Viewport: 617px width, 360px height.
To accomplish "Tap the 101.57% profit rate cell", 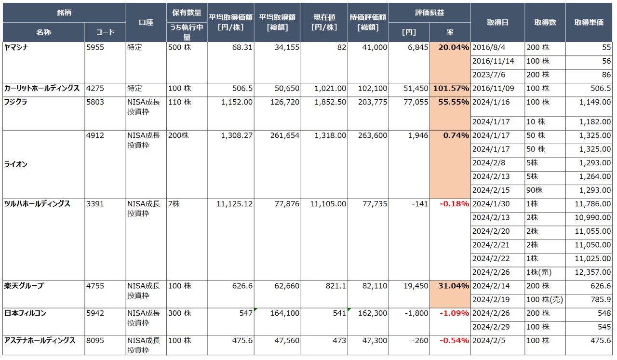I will coord(451,89).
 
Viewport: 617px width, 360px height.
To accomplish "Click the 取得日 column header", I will coord(497,22).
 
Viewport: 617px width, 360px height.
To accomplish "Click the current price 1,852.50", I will coord(330,102).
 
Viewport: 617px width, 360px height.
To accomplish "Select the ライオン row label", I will coord(16,164).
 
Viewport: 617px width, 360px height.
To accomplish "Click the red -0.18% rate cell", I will coord(454,204).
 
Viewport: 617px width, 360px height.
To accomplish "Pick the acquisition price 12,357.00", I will coord(593,272).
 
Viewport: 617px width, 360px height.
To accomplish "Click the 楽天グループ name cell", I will coord(24,286).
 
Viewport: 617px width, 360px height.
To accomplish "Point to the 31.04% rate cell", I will coord(453,286).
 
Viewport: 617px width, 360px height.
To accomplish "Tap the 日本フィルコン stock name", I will coord(25,313).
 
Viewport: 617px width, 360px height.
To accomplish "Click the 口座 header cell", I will coord(146,22).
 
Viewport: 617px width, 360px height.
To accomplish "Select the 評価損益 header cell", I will coord(429,13).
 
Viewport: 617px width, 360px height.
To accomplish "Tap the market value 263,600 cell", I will coord(373,136).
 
